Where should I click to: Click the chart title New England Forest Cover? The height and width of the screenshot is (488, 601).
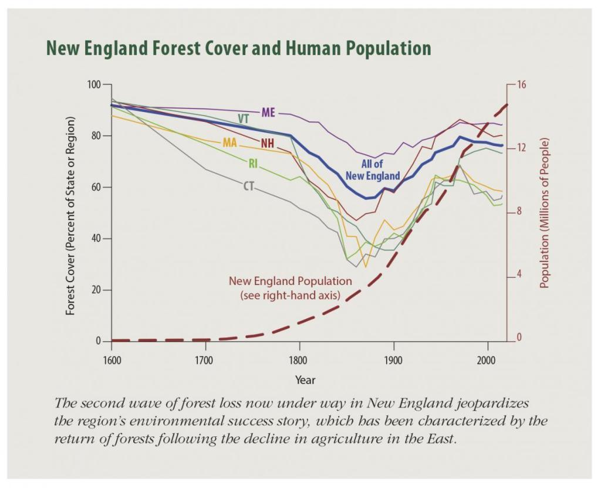(238, 48)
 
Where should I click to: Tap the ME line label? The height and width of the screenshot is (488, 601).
(268, 111)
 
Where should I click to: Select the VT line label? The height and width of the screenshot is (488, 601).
(244, 118)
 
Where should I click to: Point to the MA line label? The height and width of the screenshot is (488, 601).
(229, 143)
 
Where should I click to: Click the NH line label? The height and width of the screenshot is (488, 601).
(267, 143)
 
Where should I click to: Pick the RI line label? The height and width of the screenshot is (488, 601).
(253, 164)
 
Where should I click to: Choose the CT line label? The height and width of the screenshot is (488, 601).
(249, 186)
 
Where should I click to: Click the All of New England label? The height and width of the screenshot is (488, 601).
(373, 170)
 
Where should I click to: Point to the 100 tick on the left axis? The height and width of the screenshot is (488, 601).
(94, 84)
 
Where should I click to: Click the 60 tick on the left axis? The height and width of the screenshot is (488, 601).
(96, 187)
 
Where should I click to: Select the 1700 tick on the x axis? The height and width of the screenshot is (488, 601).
(205, 360)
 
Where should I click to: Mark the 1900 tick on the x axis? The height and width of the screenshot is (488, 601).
(393, 360)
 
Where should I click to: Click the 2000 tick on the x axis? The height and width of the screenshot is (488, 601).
(487, 360)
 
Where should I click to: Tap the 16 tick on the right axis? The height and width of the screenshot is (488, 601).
(521, 84)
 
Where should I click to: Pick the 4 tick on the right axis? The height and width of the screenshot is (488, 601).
(519, 275)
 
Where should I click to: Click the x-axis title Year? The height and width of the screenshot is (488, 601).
(305, 380)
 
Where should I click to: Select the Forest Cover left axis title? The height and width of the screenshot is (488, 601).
(71, 216)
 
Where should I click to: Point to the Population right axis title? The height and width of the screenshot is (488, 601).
(544, 213)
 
